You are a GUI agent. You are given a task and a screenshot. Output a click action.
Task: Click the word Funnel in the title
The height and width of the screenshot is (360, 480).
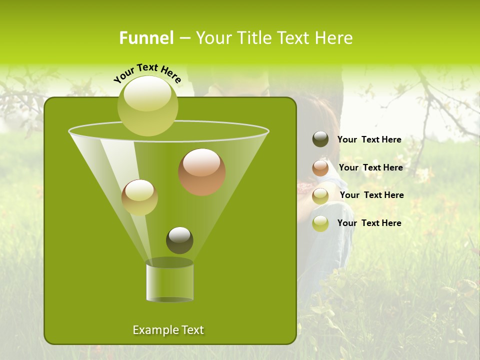[x=146, y=38]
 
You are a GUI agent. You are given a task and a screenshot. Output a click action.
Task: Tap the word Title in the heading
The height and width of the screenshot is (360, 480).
[x=253, y=38]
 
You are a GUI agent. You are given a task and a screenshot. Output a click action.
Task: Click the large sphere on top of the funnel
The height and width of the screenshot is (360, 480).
[x=148, y=105]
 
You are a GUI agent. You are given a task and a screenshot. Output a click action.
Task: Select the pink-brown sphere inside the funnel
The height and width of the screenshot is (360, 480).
[x=202, y=172]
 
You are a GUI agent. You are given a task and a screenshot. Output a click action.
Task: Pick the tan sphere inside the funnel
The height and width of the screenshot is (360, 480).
[x=139, y=197]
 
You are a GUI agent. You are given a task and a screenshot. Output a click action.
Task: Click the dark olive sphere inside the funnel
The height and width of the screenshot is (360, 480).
[x=179, y=240]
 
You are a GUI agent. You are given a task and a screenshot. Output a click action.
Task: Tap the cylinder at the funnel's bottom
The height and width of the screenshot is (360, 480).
[x=169, y=282]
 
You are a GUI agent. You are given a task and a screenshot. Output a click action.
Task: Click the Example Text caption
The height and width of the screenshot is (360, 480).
[x=168, y=330]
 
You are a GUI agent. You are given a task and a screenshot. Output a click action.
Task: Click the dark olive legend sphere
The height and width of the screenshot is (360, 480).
[x=320, y=139]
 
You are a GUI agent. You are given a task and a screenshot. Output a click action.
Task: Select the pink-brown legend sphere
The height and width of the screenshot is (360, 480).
[x=320, y=168]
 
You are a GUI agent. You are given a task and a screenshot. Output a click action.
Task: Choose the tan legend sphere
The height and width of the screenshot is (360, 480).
[x=320, y=195]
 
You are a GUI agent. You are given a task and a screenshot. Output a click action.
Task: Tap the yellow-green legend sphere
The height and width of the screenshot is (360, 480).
[x=320, y=223]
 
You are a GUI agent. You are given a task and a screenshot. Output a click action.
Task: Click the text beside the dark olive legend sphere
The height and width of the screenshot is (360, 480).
[x=369, y=139]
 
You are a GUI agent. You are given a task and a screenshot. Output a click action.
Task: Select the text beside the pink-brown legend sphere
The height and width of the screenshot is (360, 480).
[x=370, y=167]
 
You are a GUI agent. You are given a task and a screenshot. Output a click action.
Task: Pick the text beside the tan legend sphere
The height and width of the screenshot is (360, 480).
[x=371, y=195]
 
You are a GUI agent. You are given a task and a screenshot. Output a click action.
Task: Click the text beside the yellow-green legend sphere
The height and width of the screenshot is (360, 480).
[x=369, y=223]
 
